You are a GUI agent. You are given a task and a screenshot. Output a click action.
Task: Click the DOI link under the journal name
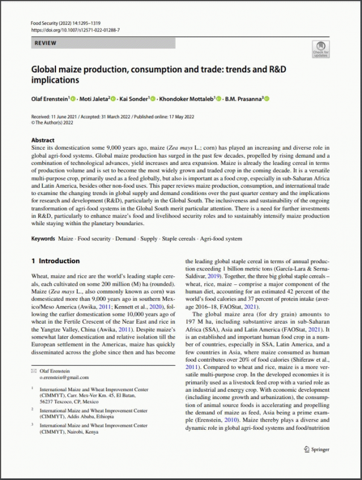[75, 30]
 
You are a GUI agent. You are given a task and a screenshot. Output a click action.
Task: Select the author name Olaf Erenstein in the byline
[49, 98]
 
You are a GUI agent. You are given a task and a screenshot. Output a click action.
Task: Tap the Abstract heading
[43, 140]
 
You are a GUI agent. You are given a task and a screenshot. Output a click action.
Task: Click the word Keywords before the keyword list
[45, 240]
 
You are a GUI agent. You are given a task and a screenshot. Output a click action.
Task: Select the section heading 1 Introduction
[55, 261]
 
